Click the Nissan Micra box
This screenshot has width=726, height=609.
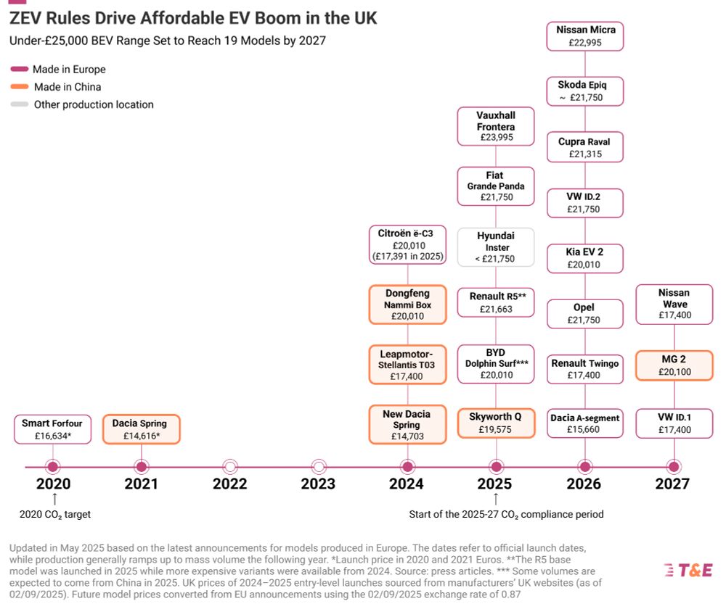click(585, 36)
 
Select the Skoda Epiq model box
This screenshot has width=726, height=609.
click(585, 91)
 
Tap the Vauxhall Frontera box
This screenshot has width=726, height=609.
click(496, 126)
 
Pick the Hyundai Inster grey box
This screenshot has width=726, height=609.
click(496, 247)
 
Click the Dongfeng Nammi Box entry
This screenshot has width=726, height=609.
click(407, 304)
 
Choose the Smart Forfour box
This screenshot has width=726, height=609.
click(52, 429)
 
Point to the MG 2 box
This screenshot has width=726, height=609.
click(674, 365)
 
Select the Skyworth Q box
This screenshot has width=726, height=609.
click(496, 423)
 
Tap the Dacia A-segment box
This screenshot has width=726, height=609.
click(585, 424)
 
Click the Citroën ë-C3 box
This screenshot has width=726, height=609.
click(407, 244)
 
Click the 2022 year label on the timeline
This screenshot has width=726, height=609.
click(229, 484)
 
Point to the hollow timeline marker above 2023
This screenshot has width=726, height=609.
click(319, 466)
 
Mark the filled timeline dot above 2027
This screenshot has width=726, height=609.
click(674, 466)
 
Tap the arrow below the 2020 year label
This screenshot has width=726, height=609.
click(54, 499)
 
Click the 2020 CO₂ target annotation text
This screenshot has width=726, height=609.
click(54, 515)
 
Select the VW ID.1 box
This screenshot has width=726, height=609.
click(674, 424)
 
